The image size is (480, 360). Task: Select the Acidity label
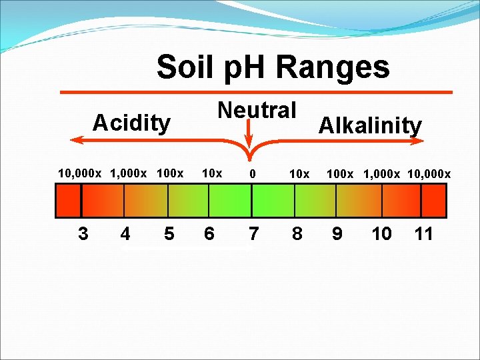(131, 123)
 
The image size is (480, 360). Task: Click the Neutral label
(257, 110)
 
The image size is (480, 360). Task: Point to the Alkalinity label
(370, 125)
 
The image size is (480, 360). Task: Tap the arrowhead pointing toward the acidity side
(75, 139)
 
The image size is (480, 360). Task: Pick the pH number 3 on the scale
(83, 234)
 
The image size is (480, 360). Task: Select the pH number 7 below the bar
(253, 234)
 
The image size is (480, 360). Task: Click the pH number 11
(423, 234)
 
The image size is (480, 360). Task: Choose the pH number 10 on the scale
(382, 234)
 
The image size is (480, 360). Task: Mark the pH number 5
(169, 234)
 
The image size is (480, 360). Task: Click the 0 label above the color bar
(253, 174)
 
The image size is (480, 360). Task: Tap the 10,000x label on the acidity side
(79, 173)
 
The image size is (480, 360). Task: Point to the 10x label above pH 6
(211, 173)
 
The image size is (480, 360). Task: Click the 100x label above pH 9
(340, 174)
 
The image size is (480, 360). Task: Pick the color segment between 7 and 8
(273, 200)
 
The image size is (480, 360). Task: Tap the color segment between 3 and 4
(103, 200)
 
